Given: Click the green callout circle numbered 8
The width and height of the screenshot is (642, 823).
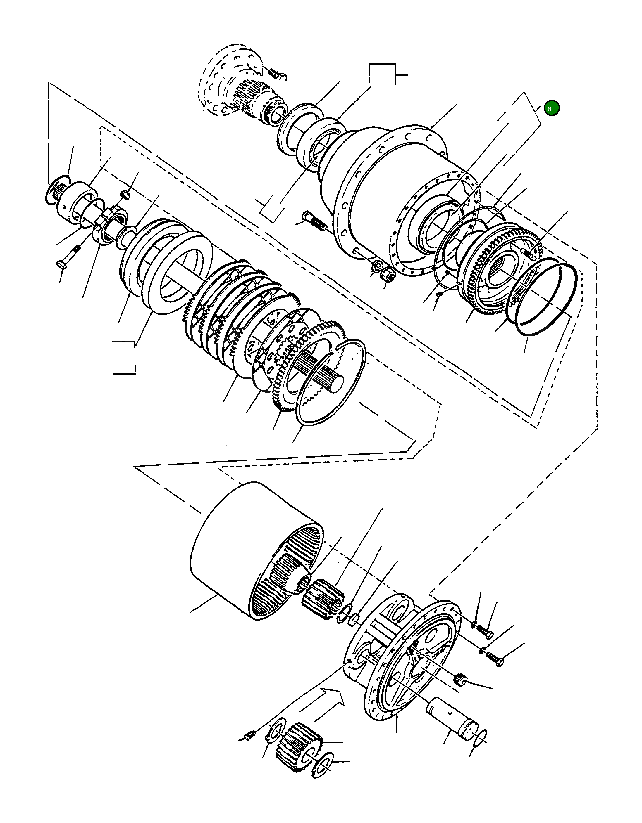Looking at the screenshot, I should click(x=551, y=108).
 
